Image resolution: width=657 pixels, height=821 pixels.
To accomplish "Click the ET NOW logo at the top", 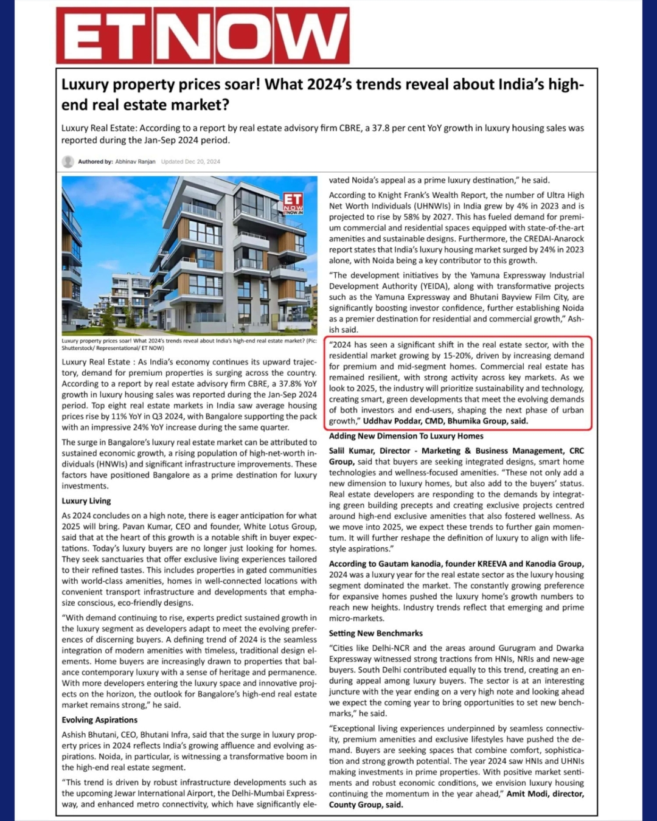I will [x=203, y=35].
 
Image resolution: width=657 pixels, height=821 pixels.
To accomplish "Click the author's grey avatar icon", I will [x=68, y=162].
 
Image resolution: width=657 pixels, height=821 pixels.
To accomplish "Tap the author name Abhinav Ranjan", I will [x=135, y=162].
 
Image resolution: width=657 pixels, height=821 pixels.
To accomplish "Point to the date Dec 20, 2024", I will [x=204, y=162].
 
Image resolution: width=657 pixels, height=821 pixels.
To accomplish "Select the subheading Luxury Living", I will [x=86, y=501].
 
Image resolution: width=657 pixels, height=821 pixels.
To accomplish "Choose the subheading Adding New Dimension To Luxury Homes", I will [x=406, y=436].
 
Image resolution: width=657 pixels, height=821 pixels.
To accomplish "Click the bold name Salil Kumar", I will [x=352, y=451].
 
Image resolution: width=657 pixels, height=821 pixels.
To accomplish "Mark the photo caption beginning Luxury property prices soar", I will [x=189, y=344].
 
